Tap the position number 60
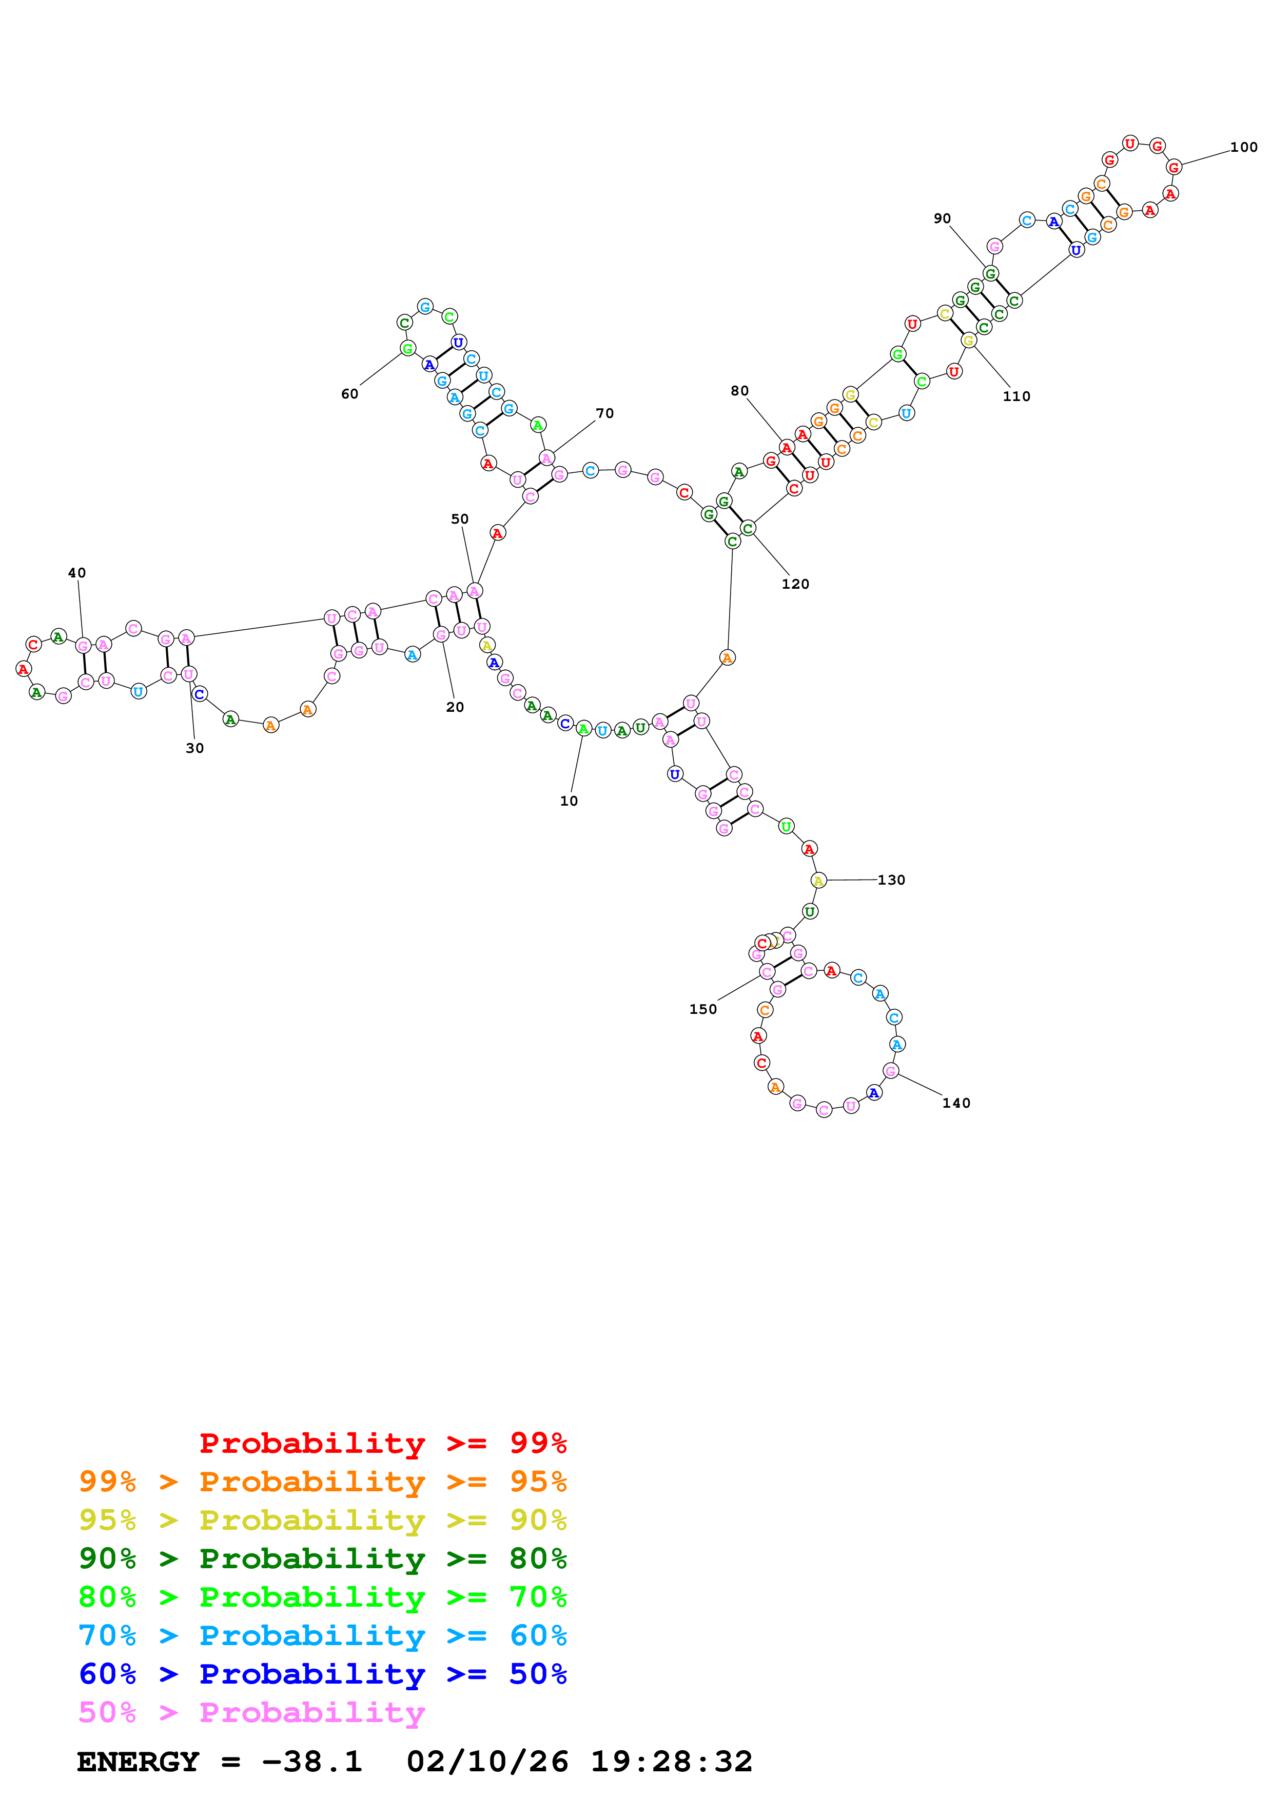click(349, 394)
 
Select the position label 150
click(703, 1009)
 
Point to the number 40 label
click(77, 573)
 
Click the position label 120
click(795, 584)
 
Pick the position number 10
click(569, 801)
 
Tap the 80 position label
click(740, 391)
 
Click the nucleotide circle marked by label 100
click(1173, 167)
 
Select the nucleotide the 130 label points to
click(818, 881)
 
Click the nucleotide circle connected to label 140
click(890, 1071)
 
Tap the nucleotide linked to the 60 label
click(407, 348)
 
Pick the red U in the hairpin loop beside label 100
click(1129, 144)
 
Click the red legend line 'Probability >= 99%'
click(382, 1443)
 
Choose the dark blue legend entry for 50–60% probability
click(322, 1674)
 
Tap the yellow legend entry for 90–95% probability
click(322, 1520)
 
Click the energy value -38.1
click(312, 1762)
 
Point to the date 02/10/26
click(487, 1762)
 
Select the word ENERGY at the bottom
click(138, 1762)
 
